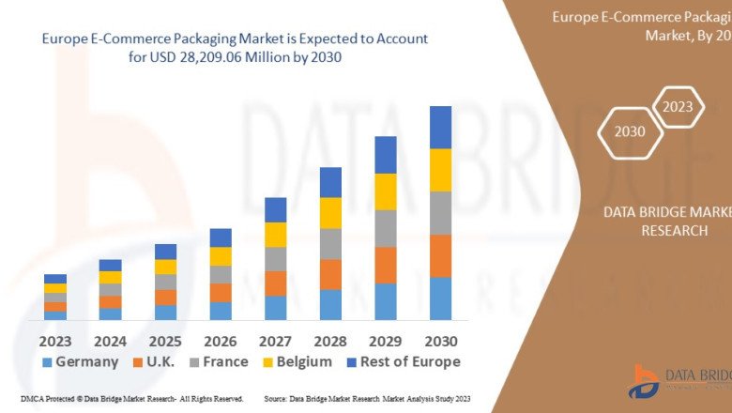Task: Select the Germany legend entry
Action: (80, 361)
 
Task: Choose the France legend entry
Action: (217, 361)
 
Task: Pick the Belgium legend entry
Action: (296, 361)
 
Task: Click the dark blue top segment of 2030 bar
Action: (440, 127)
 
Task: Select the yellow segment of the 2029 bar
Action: (386, 191)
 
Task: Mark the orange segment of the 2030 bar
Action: (440, 255)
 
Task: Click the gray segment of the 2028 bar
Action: (330, 244)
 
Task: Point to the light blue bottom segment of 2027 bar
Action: (275, 308)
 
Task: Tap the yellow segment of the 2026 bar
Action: (221, 256)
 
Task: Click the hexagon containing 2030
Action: (630, 131)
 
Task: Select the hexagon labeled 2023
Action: (677, 107)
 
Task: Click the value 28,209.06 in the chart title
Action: (207, 57)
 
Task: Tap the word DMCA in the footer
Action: (31, 399)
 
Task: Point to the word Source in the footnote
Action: (278, 399)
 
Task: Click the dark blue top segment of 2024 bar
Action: (110, 265)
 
